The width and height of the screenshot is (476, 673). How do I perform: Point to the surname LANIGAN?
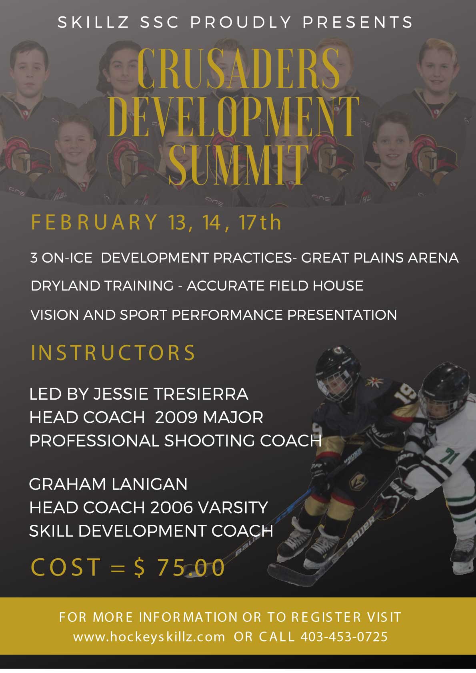(x=150, y=484)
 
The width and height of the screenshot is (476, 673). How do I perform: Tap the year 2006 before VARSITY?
(x=172, y=508)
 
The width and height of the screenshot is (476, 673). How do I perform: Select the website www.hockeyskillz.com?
(x=149, y=637)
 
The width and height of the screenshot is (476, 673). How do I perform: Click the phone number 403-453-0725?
(x=344, y=637)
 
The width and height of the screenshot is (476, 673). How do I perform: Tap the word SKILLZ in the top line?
(x=94, y=22)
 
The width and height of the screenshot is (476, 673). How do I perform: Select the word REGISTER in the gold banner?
(x=326, y=617)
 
